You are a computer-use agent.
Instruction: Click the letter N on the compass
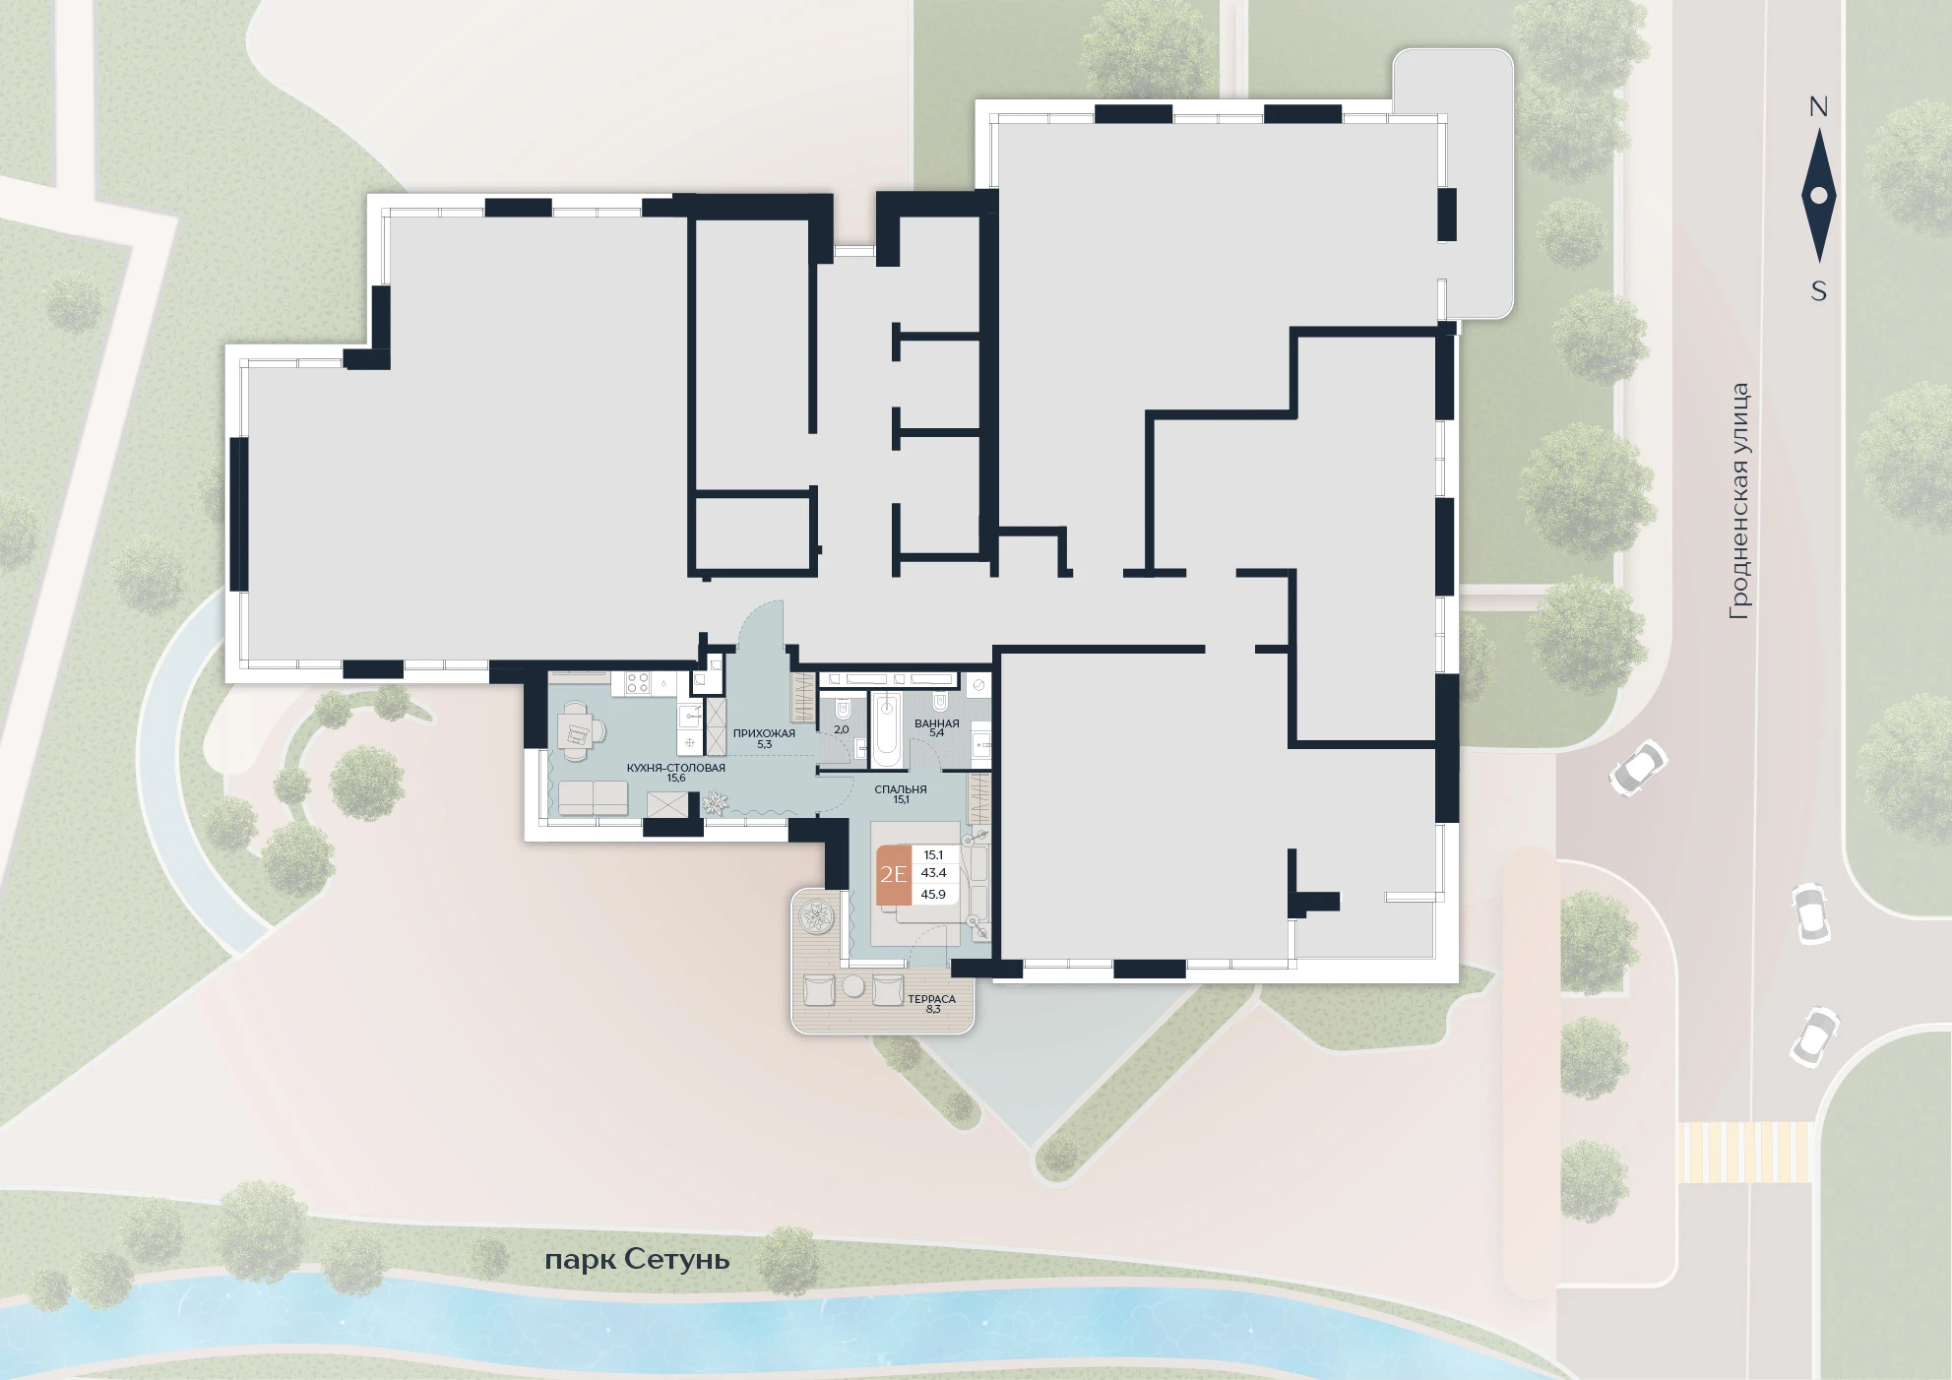tap(1818, 107)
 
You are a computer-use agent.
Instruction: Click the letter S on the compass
tap(1819, 291)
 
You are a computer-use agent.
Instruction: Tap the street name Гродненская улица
tap(1739, 501)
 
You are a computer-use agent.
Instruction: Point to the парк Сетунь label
tap(637, 1260)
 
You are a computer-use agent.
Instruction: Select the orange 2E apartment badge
tap(894, 874)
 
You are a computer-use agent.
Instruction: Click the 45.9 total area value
tap(933, 895)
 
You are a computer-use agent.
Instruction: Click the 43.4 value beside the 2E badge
tap(933, 873)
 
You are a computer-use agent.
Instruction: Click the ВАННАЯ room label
tap(936, 723)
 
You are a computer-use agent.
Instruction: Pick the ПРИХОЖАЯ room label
tap(764, 733)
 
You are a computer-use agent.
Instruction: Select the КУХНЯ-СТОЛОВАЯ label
tap(675, 768)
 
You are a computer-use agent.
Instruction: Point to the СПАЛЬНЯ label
tap(900, 789)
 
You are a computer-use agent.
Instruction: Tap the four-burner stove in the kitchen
tap(636, 682)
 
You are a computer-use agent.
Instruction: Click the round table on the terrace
tap(852, 987)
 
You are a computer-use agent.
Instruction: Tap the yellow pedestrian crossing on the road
tap(1743, 1152)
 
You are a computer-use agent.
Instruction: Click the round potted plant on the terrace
tap(816, 917)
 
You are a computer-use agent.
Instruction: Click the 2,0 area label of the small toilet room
tap(841, 730)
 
